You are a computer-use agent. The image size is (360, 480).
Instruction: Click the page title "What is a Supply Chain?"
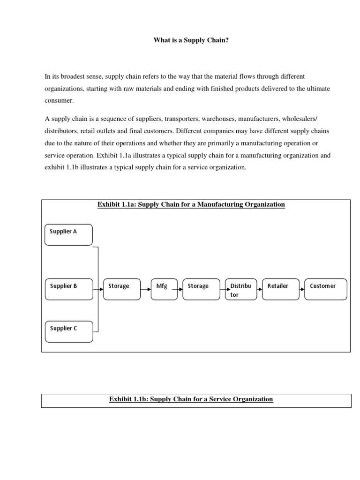pyautogui.click(x=191, y=40)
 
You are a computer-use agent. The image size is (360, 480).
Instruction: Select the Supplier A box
pyautogui.click(x=68, y=234)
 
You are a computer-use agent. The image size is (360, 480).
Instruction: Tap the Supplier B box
pyautogui.click(x=68, y=289)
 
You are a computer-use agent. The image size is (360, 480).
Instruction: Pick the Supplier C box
pyautogui.click(x=68, y=331)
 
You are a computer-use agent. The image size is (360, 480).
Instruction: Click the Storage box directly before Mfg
pyautogui.click(x=121, y=289)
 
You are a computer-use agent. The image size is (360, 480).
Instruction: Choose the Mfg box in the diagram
pyautogui.click(x=164, y=289)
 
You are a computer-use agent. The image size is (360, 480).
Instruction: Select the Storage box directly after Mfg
pyautogui.click(x=201, y=289)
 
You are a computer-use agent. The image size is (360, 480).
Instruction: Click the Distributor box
pyautogui.click(x=241, y=290)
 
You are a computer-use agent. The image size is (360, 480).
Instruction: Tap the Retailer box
pyautogui.click(x=281, y=289)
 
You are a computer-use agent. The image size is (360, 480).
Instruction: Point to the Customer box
pyautogui.click(x=326, y=289)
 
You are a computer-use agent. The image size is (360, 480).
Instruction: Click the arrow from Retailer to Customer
pyautogui.click(x=302, y=290)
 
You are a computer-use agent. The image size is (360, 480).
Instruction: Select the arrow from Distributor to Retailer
pyautogui.click(x=260, y=290)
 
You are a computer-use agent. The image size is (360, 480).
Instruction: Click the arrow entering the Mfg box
pyautogui.click(x=146, y=290)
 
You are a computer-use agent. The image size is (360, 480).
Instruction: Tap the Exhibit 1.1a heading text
pyautogui.click(x=191, y=204)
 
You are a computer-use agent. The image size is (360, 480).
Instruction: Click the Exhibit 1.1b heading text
pyautogui.click(x=191, y=399)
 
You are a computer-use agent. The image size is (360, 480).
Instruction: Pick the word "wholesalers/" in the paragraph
pyautogui.click(x=300, y=119)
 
